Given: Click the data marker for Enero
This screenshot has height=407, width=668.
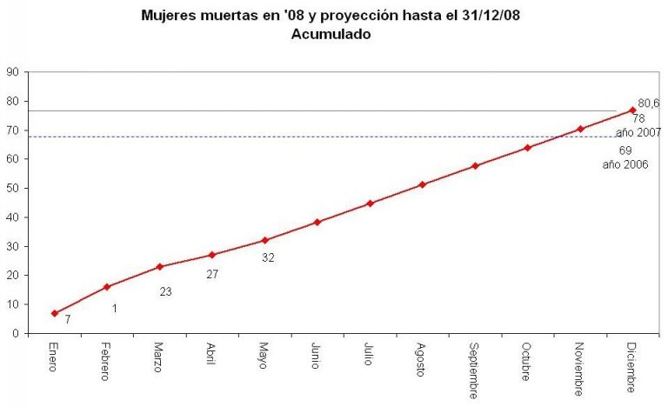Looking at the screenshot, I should pos(54,313).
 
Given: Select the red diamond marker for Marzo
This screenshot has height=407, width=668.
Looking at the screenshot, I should pos(159,267).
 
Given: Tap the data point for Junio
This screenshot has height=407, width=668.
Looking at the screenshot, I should pos(317,222).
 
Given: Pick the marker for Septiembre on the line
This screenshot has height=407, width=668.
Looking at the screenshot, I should pos(475,165).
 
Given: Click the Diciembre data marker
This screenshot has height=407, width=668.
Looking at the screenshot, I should pos(632,110).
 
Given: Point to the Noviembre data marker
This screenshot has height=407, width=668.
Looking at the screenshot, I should pos(580,129).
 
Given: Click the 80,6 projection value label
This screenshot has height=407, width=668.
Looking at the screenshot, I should pos(649,102).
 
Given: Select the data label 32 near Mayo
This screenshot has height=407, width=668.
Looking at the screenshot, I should pos(268,257).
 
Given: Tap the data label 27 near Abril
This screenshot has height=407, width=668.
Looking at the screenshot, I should pos(212,274).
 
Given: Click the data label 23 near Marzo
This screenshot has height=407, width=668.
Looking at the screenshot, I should pos(165,291).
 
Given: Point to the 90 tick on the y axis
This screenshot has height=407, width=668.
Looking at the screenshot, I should pos(14,72).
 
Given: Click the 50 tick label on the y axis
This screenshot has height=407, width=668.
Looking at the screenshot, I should pos(14,188).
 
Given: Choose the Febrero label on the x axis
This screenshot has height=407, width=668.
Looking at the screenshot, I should pos(106,361).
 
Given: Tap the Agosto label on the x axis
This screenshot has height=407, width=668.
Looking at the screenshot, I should pos(422,359).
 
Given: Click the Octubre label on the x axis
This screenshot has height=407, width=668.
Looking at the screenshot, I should pos(527,361).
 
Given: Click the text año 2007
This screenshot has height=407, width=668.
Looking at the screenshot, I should pos(639,132).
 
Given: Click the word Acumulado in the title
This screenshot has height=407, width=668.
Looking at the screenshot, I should pos(331,36).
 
